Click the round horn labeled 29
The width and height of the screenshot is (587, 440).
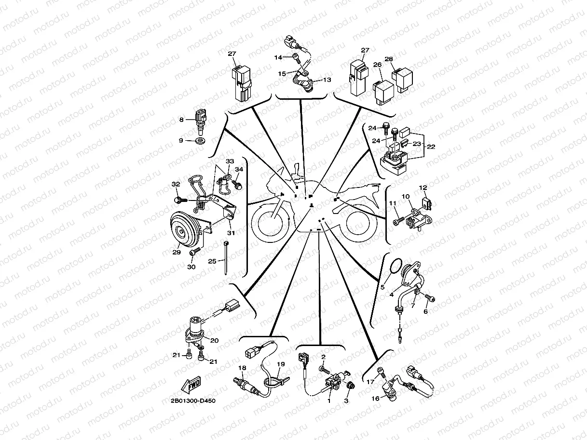point(185,230)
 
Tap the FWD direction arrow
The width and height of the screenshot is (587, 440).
point(191,385)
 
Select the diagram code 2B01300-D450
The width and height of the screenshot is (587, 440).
point(193,401)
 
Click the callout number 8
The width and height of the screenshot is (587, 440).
point(181,120)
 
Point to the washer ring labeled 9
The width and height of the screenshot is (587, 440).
point(199,140)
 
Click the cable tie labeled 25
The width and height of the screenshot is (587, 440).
point(226,258)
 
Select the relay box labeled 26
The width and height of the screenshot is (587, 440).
point(383,93)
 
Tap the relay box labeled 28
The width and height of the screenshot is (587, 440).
point(402,80)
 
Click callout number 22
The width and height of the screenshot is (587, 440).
point(431,147)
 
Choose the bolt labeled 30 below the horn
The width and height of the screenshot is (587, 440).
point(195,251)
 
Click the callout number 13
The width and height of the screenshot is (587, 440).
point(327,80)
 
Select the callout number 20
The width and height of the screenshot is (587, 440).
point(215,340)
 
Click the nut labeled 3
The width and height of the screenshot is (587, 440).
point(350,386)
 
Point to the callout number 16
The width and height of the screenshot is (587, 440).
point(375,399)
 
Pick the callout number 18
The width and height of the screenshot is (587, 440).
point(242,368)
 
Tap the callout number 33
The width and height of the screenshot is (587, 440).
point(230,161)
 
